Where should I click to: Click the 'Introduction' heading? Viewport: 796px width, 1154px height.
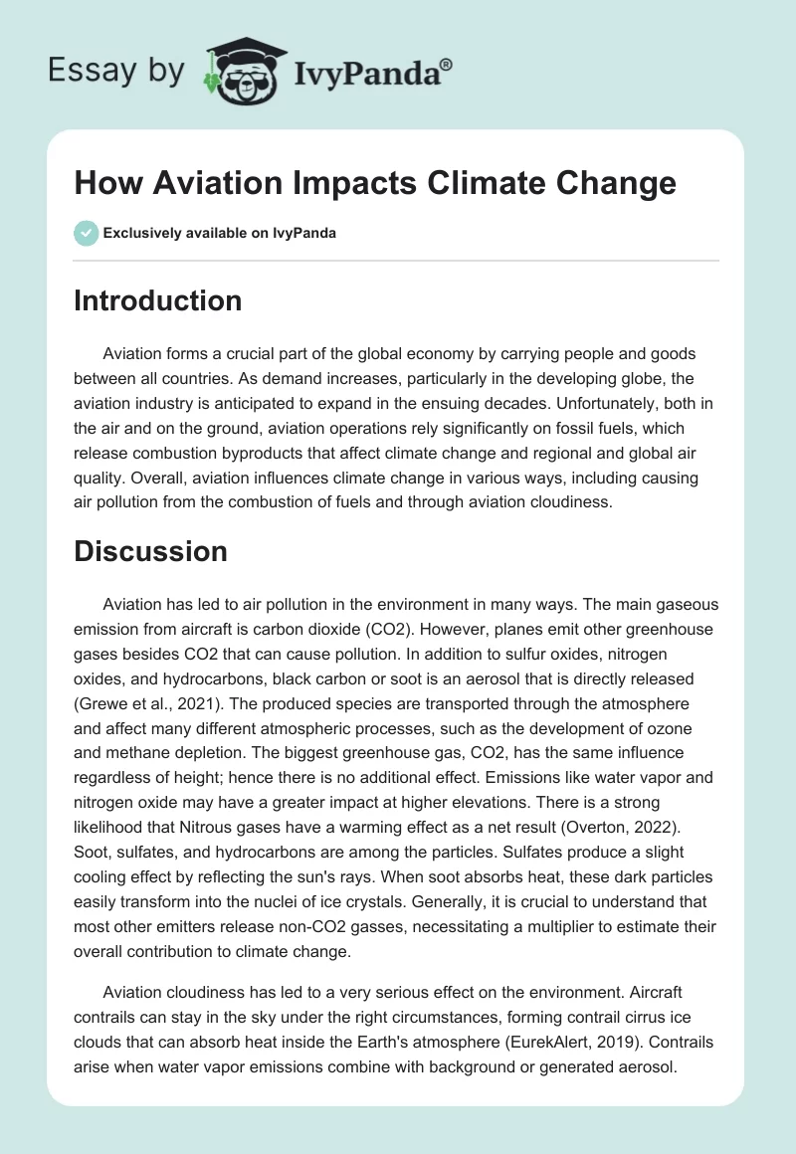157,300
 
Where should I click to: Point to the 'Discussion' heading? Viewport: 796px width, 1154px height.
150,551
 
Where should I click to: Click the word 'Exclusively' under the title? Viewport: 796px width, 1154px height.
139,235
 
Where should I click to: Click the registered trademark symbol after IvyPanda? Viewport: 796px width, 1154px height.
447,62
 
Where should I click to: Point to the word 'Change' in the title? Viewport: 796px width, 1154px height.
615,184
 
